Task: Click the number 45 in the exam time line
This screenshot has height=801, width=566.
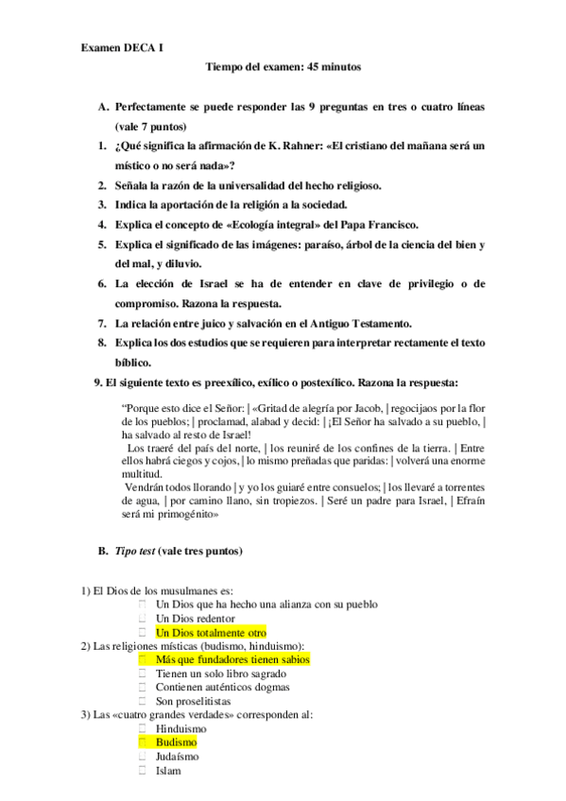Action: tap(308, 67)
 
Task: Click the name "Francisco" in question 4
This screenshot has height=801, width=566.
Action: tap(387, 224)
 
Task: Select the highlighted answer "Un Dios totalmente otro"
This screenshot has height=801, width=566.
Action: tap(211, 632)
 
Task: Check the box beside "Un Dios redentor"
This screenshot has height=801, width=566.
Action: tap(142, 618)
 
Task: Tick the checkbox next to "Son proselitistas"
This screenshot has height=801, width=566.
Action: tap(142, 701)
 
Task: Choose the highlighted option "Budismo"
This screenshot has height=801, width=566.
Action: tap(177, 742)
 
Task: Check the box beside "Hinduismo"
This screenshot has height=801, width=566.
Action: tap(142, 728)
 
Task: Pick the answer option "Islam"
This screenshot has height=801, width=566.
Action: tap(168, 770)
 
